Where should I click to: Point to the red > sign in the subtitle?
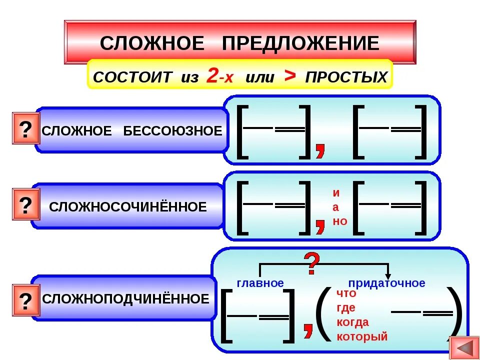click(x=289, y=75)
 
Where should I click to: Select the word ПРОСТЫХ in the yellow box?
click(x=346, y=77)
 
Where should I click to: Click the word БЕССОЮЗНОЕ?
click(x=172, y=131)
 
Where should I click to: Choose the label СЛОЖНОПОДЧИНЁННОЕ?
click(x=126, y=299)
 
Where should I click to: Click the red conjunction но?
click(x=339, y=221)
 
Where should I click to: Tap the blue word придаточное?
click(x=386, y=283)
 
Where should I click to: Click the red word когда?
click(x=353, y=322)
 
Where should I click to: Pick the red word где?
click(x=346, y=308)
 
